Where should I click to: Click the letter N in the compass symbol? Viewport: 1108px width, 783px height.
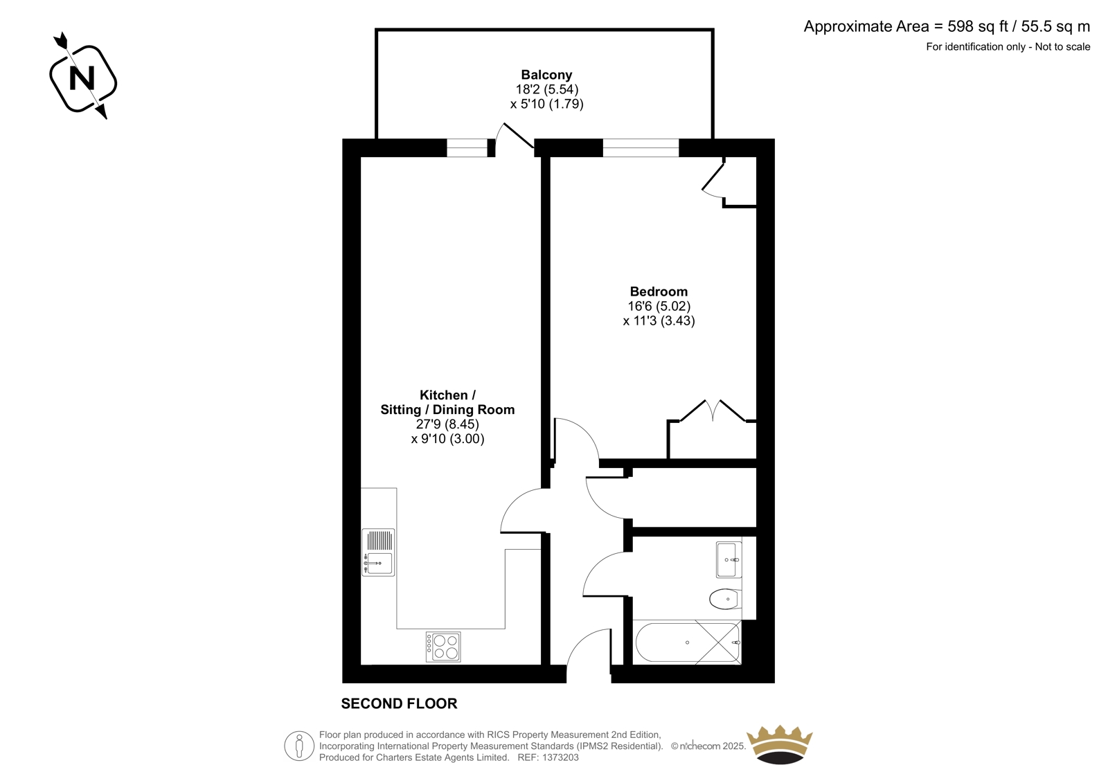tap(82, 78)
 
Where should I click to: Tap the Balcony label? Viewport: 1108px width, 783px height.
tap(546, 75)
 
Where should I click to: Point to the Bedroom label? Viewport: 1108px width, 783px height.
tap(659, 291)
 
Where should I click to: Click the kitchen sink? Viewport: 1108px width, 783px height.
tap(378, 552)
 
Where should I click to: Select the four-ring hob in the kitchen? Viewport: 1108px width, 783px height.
tap(443, 647)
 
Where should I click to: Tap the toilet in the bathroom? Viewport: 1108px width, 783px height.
tap(724, 600)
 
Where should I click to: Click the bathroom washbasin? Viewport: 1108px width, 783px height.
tap(729, 559)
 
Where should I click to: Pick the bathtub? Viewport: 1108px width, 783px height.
tap(687, 642)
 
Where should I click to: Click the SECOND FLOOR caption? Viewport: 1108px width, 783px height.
tap(399, 704)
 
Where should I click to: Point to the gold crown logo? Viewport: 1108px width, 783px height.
tap(780, 744)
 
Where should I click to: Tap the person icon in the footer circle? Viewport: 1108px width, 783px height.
tap(298, 746)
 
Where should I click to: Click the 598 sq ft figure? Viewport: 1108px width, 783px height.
tap(978, 26)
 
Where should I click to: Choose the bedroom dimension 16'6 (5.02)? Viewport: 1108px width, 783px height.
tap(659, 306)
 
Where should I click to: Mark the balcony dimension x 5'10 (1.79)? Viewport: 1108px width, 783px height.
tap(546, 104)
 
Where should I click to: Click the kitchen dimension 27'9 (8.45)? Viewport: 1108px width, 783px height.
tap(447, 424)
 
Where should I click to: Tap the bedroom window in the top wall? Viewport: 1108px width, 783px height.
tap(641, 148)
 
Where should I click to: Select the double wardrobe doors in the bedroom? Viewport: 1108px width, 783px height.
tap(713, 411)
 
